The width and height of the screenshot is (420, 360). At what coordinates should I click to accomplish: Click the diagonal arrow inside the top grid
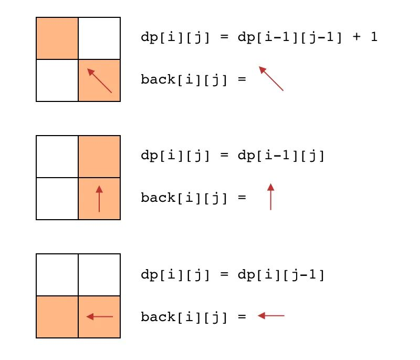99,81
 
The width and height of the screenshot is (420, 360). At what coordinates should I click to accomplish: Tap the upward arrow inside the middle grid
99,199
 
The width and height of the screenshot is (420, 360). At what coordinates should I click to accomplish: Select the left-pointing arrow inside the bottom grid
100,316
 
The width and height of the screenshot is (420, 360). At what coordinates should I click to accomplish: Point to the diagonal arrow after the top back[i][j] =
271,78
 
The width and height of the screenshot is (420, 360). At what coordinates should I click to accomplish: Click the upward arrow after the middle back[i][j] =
271,197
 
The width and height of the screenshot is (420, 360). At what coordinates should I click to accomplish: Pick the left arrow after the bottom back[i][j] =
271,316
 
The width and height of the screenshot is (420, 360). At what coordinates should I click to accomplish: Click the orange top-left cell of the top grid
57,38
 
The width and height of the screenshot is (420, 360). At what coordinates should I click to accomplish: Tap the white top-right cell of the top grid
99,38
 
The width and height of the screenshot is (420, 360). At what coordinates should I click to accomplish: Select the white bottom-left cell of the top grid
57,80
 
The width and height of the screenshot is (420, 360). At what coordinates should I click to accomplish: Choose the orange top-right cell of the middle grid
99,157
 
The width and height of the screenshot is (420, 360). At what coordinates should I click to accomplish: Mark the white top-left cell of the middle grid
57,157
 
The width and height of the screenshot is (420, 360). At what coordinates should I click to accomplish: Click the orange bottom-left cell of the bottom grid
57,317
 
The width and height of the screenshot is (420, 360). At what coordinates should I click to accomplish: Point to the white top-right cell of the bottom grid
99,275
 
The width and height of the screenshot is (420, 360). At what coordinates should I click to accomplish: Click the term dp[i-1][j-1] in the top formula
290,37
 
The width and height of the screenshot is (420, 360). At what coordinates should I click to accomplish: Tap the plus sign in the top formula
356,36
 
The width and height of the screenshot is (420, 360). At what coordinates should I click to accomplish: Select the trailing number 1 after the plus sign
374,36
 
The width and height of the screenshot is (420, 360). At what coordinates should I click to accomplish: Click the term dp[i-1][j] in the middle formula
281,156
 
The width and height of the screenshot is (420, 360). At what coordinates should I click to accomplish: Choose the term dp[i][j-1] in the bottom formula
281,275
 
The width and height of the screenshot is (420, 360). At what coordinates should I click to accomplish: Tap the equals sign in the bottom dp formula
225,274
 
